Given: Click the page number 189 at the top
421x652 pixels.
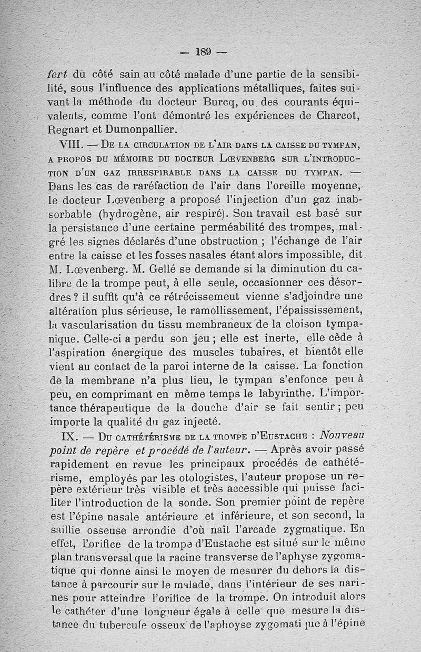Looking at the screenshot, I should point(204,51).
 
